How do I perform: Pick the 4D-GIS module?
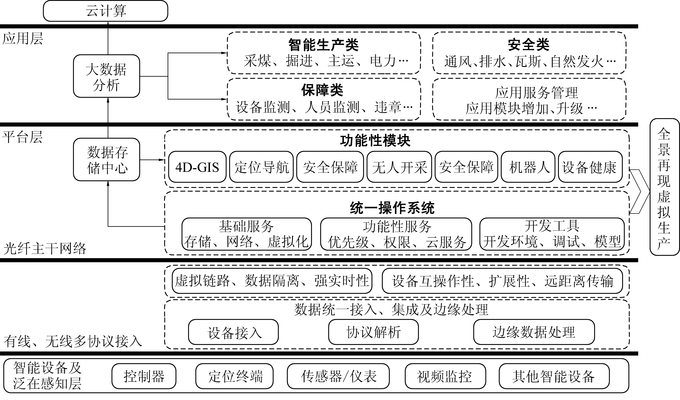click(x=197, y=167)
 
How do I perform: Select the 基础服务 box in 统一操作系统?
click(x=247, y=234)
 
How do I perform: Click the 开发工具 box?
click(x=552, y=234)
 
